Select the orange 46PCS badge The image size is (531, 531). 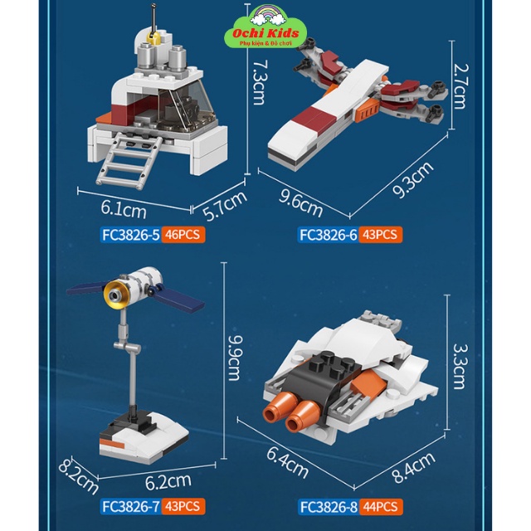pyautogui.click(x=183, y=235)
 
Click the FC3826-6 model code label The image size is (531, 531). pyautogui.click(x=329, y=235)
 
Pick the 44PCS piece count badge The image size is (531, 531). pyautogui.click(x=381, y=506)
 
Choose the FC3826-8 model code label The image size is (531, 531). pyautogui.click(x=329, y=506)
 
